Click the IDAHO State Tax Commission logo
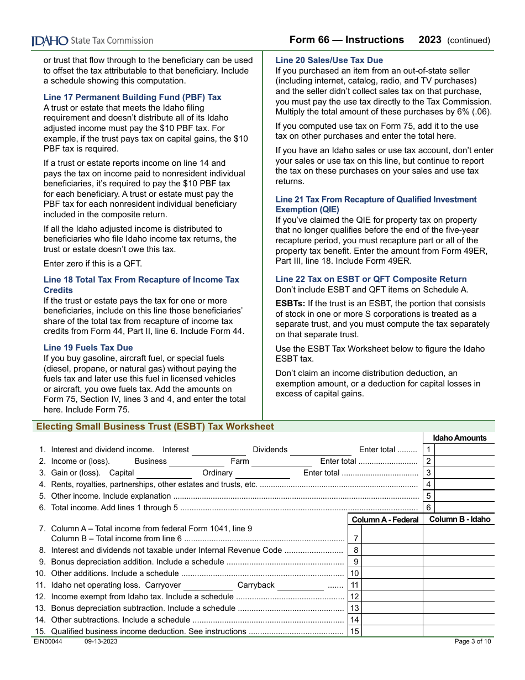pos(92,40)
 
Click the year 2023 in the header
pos(430,40)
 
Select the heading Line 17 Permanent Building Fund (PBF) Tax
pos(133,97)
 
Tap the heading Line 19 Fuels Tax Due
pos(88,348)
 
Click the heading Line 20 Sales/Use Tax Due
pos(329,60)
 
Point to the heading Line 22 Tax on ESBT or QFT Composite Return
pos(371,279)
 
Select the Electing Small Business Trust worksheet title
pos(155,427)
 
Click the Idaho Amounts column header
pos(459,438)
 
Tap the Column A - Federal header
pos(385,520)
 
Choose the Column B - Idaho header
pos(459,520)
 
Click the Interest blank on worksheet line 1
pos(218,450)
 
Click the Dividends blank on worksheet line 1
pos(321,450)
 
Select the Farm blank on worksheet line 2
pos(281,462)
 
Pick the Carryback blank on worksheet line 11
pos(300,585)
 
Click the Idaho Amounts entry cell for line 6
pos(465,508)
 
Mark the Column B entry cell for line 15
pos(459,631)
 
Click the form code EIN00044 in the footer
pos(48,641)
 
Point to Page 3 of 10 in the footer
pos(473,641)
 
